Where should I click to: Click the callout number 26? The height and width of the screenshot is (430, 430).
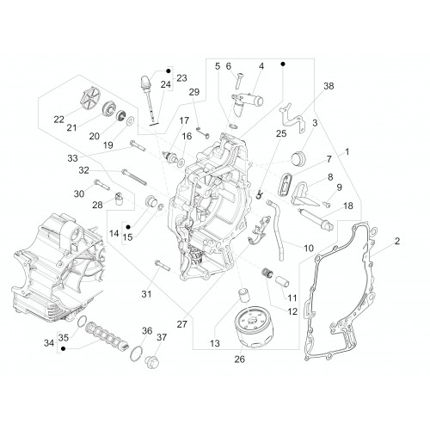[240, 359]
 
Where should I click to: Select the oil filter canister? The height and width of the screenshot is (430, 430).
[254, 327]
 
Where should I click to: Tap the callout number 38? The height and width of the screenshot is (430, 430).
[329, 86]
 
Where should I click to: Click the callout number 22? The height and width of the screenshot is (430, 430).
[58, 120]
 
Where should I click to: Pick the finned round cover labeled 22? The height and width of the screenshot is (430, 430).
[90, 100]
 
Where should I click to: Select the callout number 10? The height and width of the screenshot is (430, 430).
[309, 248]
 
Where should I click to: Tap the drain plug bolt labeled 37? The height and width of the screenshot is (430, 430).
[153, 363]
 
